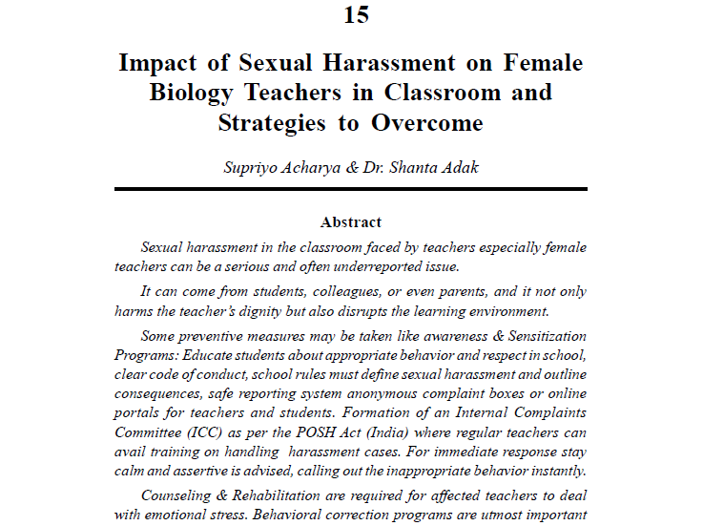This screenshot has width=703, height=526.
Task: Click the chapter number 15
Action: (x=351, y=14)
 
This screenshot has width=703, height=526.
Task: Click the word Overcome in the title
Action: (x=427, y=123)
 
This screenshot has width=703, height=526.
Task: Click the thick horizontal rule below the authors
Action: (x=351, y=190)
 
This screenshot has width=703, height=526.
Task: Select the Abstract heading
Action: (x=351, y=222)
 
